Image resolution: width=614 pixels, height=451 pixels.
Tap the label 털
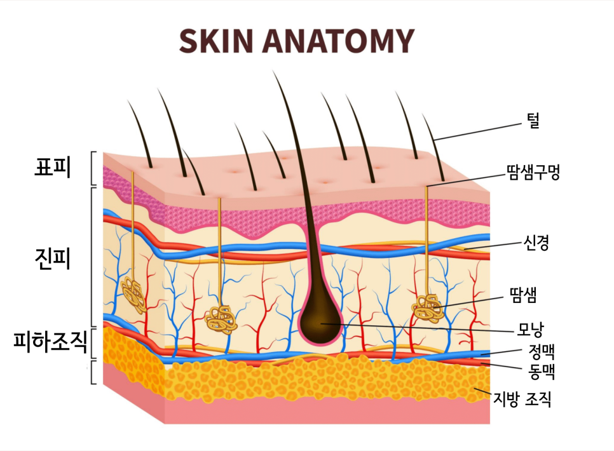pos(533,121)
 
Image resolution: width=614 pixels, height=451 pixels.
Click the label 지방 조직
pos(522,399)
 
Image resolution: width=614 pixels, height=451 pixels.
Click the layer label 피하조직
pos(50,343)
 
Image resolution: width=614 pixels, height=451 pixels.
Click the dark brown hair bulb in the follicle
pos(322,321)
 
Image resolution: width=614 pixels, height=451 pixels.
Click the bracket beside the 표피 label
pos(93,168)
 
